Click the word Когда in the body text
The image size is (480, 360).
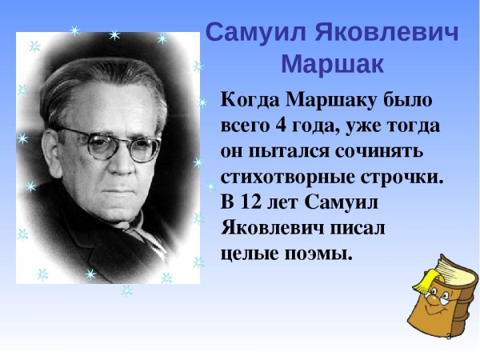pos(246,102)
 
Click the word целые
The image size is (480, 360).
pos(247,254)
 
